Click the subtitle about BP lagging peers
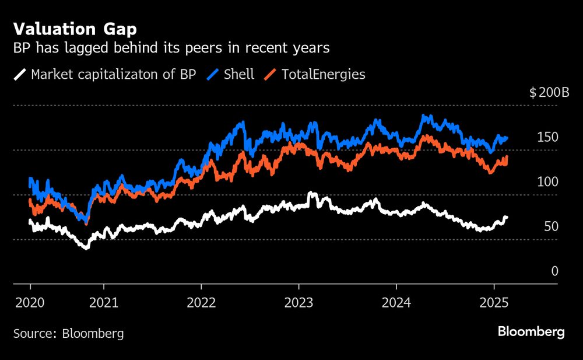pyautogui.click(x=171, y=48)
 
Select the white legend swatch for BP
pyautogui.click(x=20, y=75)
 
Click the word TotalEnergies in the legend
pyautogui.click(x=323, y=75)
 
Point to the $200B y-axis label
pyautogui.click(x=549, y=93)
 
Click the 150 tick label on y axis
pyautogui.click(x=548, y=137)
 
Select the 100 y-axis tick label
pyautogui.click(x=548, y=182)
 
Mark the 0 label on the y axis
pyautogui.click(x=554, y=271)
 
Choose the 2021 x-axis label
pyautogui.click(x=103, y=303)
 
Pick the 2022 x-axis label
pyautogui.click(x=201, y=303)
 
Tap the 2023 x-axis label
pyautogui.click(x=298, y=303)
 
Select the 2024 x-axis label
pyautogui.click(x=396, y=303)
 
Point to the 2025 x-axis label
pyautogui.click(x=494, y=303)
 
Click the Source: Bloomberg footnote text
pyautogui.click(x=68, y=334)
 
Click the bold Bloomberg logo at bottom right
pyautogui.click(x=531, y=332)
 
